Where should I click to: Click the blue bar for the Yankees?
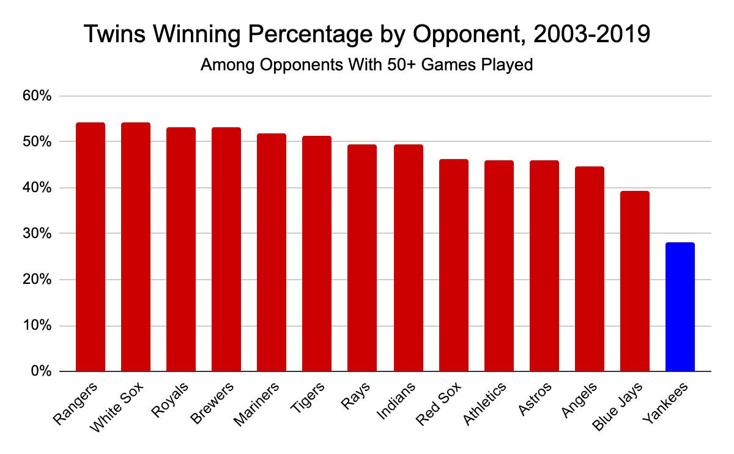(680, 307)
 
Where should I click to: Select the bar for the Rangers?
(91, 247)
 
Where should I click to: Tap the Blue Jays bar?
(634, 281)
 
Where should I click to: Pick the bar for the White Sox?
(136, 247)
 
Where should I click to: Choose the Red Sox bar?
(453, 266)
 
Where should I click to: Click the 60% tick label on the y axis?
(37, 96)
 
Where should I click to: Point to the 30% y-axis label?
(37, 234)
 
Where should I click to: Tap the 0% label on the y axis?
(41, 371)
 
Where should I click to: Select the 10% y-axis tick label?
(37, 326)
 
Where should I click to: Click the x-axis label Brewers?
(213, 404)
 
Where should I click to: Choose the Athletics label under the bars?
(486, 404)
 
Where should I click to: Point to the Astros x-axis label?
(533, 400)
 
